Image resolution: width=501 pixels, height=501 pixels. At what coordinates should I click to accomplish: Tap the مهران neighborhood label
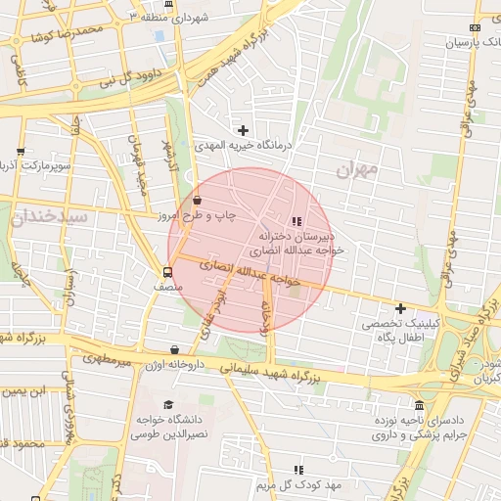tap(355, 169)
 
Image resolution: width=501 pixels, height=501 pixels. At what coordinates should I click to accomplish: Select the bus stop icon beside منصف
tap(167, 273)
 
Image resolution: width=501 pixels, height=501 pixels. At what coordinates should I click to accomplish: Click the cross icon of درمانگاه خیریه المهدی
tap(244, 130)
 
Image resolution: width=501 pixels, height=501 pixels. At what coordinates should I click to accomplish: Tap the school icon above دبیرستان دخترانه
tap(297, 222)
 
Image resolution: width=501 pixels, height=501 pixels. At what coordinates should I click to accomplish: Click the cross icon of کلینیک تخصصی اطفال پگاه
tap(399, 308)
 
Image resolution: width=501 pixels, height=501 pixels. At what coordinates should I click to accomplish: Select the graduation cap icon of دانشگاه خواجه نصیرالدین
tap(168, 405)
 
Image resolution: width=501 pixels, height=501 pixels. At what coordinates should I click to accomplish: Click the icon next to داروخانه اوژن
tap(174, 349)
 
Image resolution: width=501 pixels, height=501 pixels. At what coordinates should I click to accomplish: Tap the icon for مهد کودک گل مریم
tap(298, 471)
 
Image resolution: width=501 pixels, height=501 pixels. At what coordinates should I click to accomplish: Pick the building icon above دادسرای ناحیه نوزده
tap(420, 405)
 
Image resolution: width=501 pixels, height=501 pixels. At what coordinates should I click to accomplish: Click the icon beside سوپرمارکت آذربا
tap(21, 152)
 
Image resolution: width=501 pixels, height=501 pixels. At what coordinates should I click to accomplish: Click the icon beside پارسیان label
tap(476, 28)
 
